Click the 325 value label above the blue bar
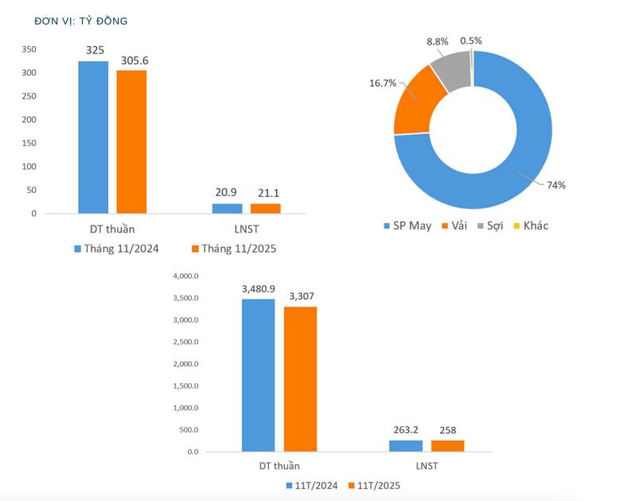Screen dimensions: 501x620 tap(95, 49)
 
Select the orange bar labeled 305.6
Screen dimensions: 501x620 tap(131, 142)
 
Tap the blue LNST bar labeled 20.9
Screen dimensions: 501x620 tap(228, 208)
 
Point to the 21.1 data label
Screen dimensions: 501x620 tap(266, 193)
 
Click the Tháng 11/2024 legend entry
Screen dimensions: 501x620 tap(116, 249)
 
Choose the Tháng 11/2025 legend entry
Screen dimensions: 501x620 tap(233, 249)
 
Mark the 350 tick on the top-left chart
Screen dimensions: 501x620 tap(29, 49)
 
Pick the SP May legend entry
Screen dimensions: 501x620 tap(407, 225)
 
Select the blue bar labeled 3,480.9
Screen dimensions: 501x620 tap(258, 374)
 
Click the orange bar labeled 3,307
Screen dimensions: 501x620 tap(300, 378)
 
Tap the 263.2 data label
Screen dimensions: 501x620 tap(405, 429)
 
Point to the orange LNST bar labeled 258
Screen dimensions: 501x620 tap(447, 445)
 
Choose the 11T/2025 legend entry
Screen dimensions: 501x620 tap(373, 485)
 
